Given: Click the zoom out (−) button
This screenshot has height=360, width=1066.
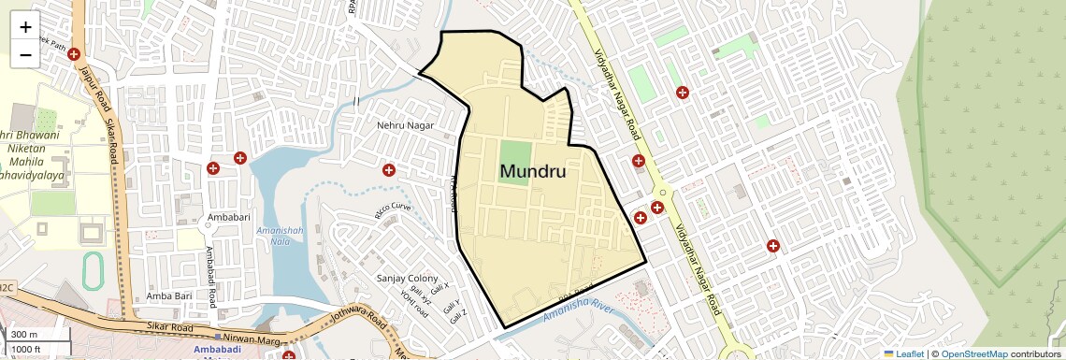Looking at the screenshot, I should pos(25,55).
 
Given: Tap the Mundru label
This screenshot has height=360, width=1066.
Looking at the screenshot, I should pos(533,171).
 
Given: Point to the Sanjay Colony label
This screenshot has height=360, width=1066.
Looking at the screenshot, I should pos(407,279).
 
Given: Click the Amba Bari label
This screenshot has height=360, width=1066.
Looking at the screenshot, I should pos(169,296).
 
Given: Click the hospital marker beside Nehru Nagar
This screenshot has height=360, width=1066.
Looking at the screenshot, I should pos(388,169).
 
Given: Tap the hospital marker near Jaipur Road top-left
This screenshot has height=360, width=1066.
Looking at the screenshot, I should pos(73,55).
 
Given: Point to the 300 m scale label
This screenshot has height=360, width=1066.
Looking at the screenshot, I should pos(24,335).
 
